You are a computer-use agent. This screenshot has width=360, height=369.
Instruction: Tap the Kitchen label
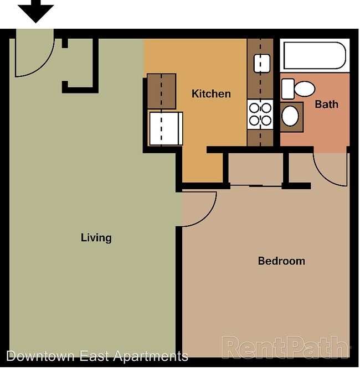(211, 93)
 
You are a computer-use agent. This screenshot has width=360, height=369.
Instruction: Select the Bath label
(326, 103)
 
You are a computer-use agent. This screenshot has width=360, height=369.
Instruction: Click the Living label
(96, 238)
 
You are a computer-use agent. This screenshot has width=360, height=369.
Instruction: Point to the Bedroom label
(281, 261)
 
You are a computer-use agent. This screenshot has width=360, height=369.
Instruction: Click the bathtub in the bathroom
(313, 56)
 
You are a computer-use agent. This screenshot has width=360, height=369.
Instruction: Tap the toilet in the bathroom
(299, 89)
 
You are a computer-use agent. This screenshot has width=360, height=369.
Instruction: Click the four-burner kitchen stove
(260, 114)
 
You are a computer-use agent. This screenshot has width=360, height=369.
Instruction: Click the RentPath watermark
(286, 347)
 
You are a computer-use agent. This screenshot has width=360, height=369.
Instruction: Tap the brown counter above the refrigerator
(161, 91)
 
